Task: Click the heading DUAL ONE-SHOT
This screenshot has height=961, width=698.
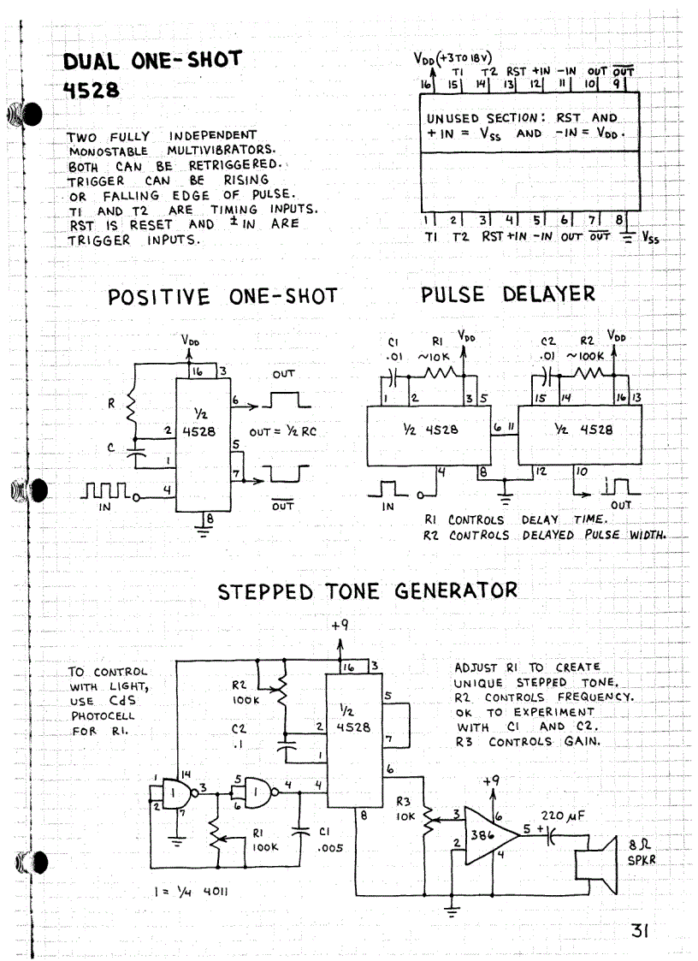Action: pyautogui.click(x=153, y=61)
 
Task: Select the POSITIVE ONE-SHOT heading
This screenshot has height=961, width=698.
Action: pyautogui.click(x=222, y=297)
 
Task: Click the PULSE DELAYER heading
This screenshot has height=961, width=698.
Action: pyautogui.click(x=508, y=294)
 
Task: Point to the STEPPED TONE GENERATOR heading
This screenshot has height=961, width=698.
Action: pyautogui.click(x=367, y=590)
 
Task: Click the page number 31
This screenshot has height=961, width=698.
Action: pyautogui.click(x=641, y=930)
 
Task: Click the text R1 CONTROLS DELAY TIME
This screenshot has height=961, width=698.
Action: pyautogui.click(x=491, y=519)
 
